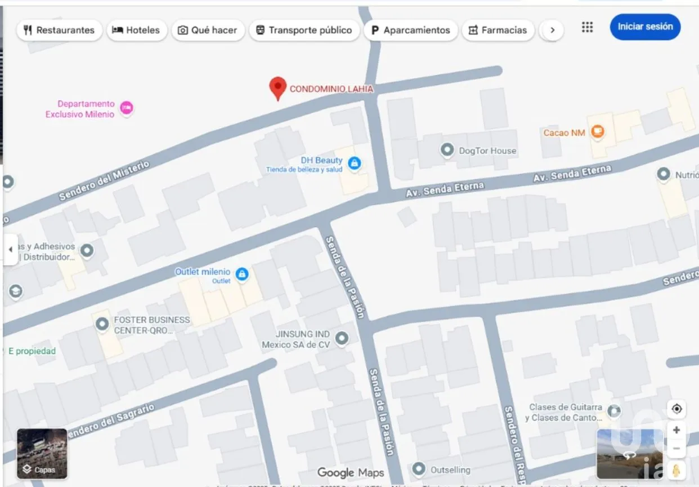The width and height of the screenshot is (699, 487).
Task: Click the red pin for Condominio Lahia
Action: tap(277, 88)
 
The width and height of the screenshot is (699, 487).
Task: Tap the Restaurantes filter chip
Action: tap(59, 30)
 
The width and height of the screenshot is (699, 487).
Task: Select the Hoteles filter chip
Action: tap(136, 30)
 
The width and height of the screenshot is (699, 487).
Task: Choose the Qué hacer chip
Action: tap(208, 30)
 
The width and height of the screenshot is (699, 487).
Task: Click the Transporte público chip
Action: tap(304, 30)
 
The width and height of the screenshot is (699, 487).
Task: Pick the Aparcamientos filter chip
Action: tap(410, 30)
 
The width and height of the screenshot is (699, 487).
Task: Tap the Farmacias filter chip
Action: tap(498, 30)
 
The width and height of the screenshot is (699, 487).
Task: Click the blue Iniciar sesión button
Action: tap(645, 26)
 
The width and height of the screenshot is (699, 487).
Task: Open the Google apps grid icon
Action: tap(587, 27)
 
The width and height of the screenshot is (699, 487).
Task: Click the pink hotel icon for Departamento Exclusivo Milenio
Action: tap(127, 108)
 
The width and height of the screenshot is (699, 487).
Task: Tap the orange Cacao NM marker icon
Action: tap(597, 132)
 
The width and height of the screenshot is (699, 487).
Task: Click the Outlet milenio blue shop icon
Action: tap(242, 274)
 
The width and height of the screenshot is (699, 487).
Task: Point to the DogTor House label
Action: tap(487, 150)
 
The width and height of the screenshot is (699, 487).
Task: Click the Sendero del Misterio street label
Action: tap(105, 181)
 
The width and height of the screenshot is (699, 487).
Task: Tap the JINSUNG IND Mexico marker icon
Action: tap(341, 339)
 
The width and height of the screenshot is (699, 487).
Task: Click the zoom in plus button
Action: tap(676, 431)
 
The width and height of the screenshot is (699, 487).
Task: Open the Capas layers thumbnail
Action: tap(42, 454)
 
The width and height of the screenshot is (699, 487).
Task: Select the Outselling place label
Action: tap(450, 470)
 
